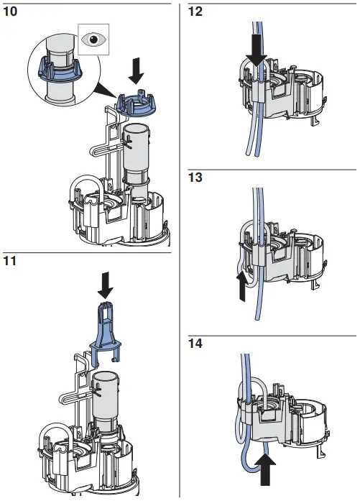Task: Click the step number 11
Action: pyautogui.click(x=11, y=262)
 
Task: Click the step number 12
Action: pyautogui.click(x=196, y=12)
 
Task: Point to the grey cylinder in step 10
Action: pyautogui.click(x=136, y=154)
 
